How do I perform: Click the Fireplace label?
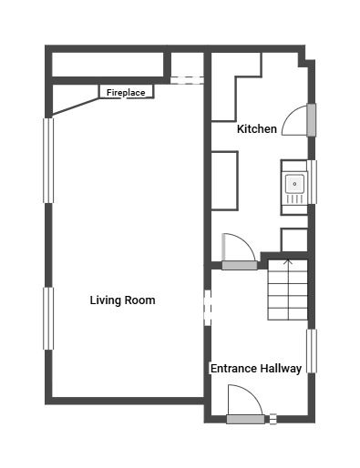coord(126,93)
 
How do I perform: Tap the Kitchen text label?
coord(256,129)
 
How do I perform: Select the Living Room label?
coord(122,300)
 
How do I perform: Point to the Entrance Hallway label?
coord(256,369)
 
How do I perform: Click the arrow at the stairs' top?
coord(288,264)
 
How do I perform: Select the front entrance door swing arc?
coord(242,399)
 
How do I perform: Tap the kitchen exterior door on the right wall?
coord(311,119)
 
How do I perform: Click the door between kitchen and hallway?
coord(239,265)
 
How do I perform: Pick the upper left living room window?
coord(48,160)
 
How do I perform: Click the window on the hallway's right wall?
coord(312,351)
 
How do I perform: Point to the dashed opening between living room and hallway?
coord(207,308)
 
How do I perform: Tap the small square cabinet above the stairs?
coord(293,239)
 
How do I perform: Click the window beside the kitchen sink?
coord(312,182)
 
